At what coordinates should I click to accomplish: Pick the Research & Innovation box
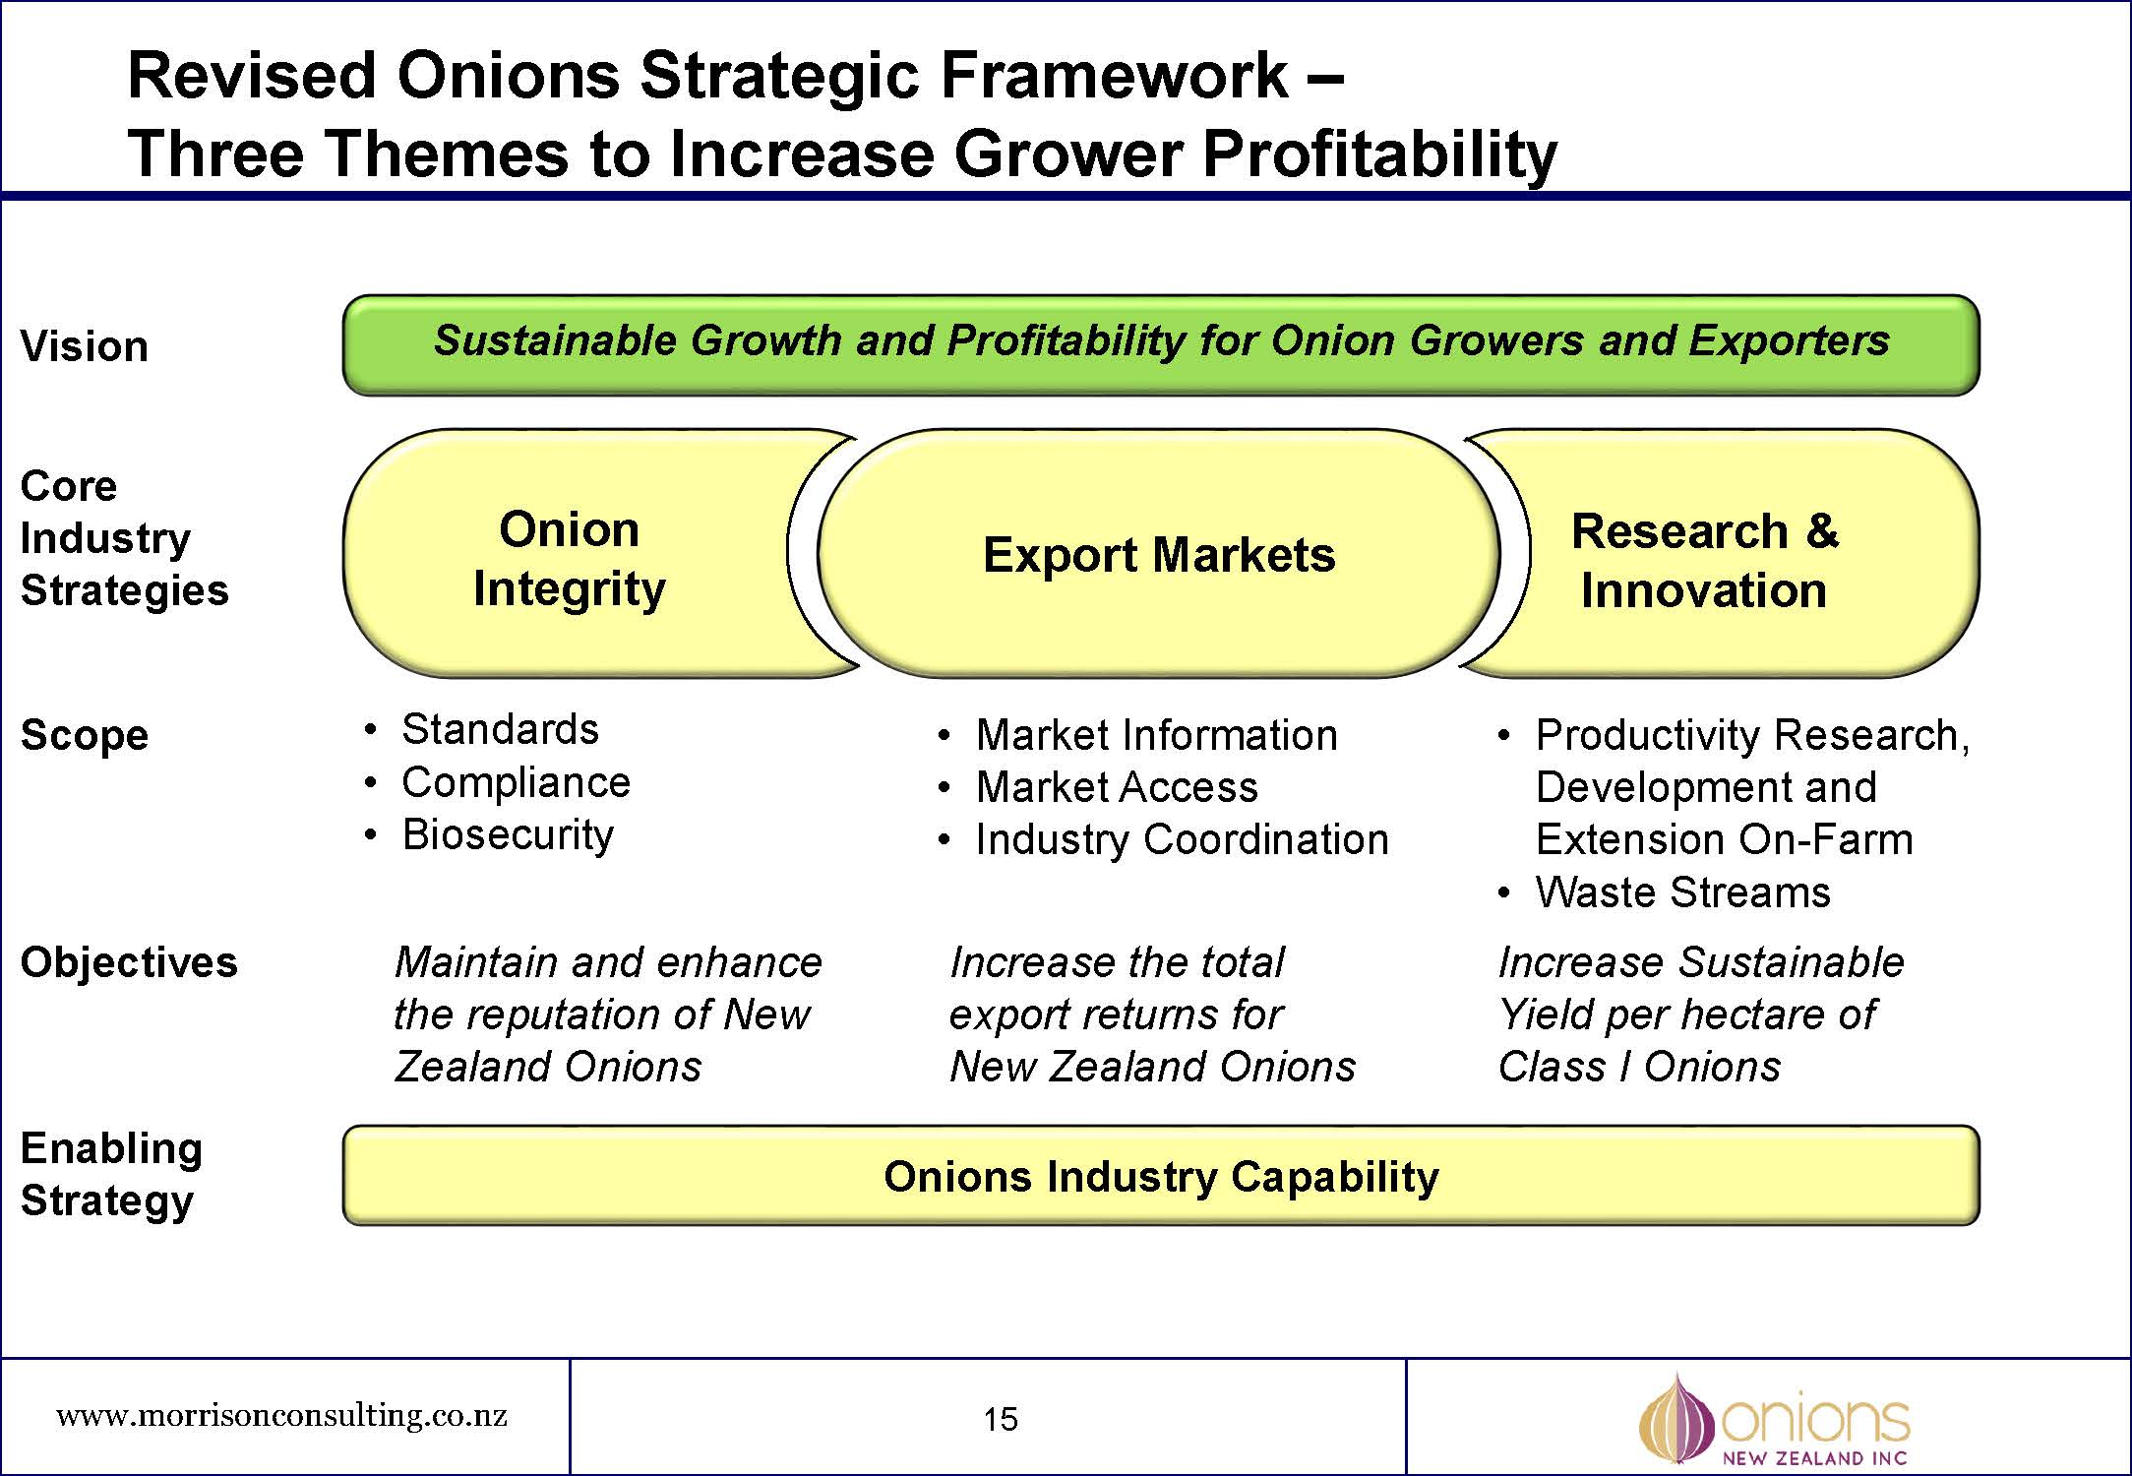pos(1704,560)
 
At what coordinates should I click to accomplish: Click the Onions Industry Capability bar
pos(1161,1176)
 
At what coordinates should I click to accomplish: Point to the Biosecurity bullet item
pos(508,834)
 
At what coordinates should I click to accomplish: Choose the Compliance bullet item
pos(516,782)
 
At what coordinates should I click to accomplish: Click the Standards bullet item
pos(500,729)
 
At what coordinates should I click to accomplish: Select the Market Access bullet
pos(1117,787)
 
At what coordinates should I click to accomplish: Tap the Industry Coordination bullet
pos(1182,839)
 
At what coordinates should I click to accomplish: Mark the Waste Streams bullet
pos(1682,892)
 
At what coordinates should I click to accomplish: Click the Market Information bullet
pos(1156,735)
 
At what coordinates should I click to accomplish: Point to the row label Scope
pos(85,735)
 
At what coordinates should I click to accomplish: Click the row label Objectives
pos(129,962)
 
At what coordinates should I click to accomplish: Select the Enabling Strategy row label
pos(111,1174)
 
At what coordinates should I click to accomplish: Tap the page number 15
pos(1001,1419)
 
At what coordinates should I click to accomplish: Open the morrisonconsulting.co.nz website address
pos(282,1416)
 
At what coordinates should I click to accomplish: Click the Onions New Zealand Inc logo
pos(1774,1420)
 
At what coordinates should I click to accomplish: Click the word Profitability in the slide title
pos(1379,154)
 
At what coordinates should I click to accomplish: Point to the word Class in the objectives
pos(1552,1067)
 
